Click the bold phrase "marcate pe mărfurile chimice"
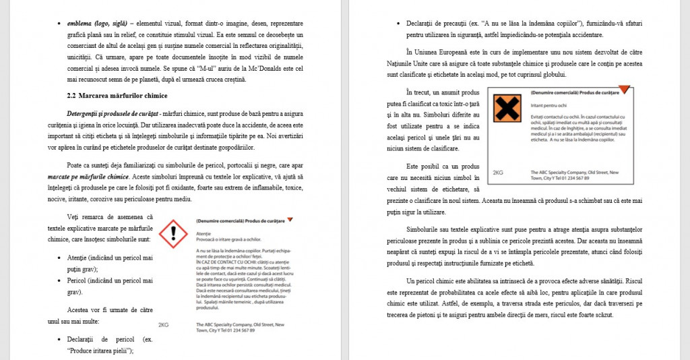(97, 177)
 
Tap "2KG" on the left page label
(163, 324)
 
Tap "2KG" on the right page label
(498, 173)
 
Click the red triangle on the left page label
(290, 220)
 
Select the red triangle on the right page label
(624, 89)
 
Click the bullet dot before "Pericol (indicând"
(61, 280)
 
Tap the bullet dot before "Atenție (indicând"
(61, 258)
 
